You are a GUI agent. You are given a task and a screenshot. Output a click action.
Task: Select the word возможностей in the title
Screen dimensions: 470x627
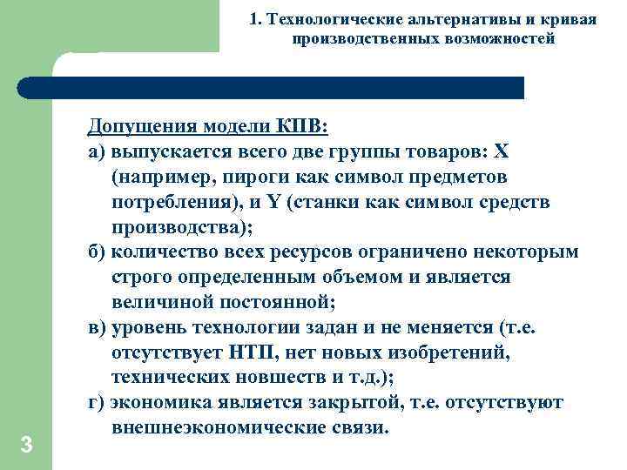(502, 39)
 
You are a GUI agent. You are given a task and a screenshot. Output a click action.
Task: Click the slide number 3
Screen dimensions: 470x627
(26, 446)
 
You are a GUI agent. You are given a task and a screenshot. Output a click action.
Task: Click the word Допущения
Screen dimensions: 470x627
(142, 127)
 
